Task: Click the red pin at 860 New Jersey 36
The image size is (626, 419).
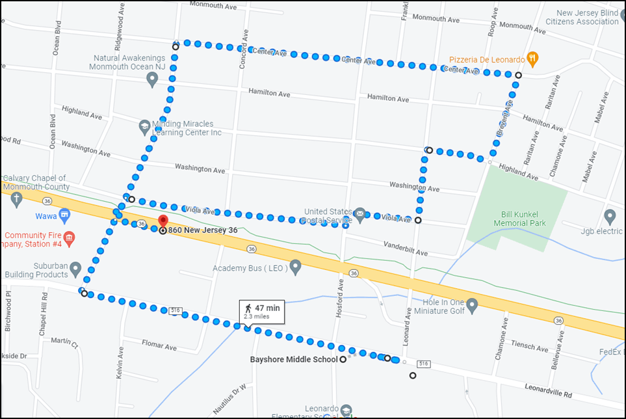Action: click(163, 221)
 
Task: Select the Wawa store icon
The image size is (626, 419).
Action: click(64, 215)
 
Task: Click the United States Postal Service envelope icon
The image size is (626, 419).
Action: click(359, 213)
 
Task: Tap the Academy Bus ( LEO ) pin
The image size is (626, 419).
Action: click(296, 267)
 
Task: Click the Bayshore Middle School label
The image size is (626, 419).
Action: click(294, 359)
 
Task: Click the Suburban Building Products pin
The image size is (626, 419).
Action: click(76, 268)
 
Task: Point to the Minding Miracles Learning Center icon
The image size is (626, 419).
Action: click(145, 126)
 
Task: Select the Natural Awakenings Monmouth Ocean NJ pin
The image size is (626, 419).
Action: click(152, 79)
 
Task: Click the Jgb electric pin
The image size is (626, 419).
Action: click(610, 216)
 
